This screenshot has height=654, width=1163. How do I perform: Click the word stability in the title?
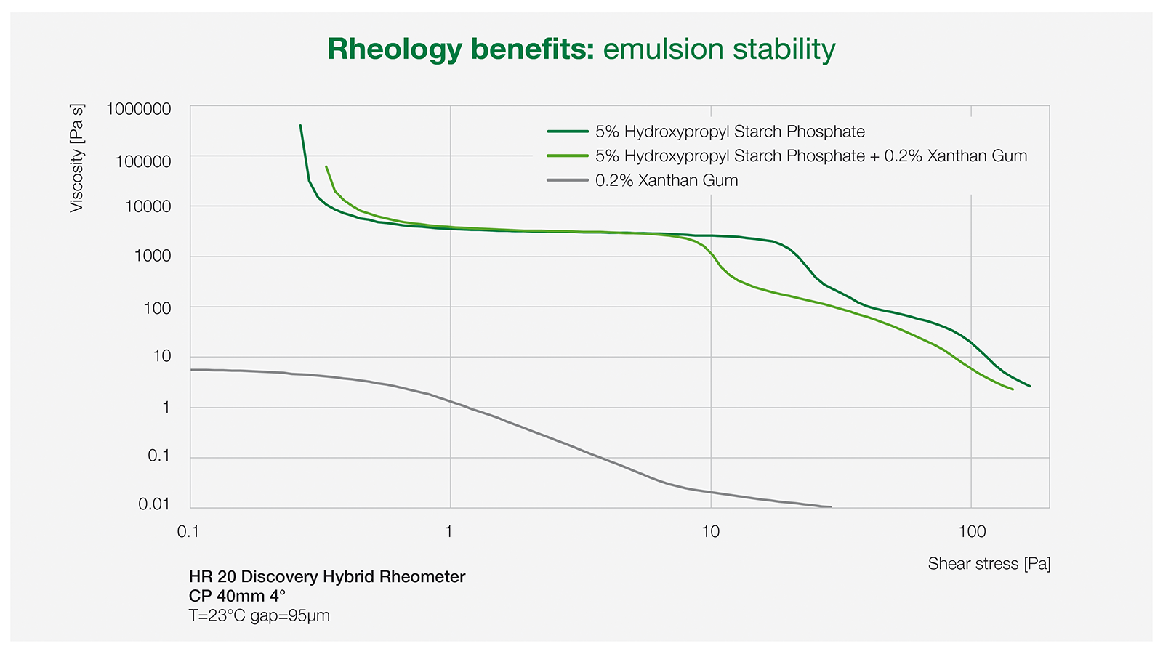tap(784, 50)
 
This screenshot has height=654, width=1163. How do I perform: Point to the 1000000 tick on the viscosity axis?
tap(139, 109)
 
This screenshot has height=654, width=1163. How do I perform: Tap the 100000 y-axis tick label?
tap(143, 161)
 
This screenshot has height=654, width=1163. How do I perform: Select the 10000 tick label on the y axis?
tap(148, 206)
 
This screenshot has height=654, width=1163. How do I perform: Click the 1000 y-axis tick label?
tap(153, 256)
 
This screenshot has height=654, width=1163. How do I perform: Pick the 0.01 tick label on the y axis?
tap(154, 504)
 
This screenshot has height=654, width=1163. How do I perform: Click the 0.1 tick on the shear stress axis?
tap(188, 532)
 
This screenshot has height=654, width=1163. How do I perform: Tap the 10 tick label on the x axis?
tap(711, 532)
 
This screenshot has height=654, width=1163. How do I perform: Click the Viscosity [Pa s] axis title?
tap(77, 158)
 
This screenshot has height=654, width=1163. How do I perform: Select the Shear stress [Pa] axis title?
tap(989, 564)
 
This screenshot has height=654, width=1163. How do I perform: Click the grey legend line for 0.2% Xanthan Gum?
tap(568, 181)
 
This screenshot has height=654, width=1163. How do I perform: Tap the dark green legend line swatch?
tap(568, 132)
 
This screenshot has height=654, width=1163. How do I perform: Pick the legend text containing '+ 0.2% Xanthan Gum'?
tap(811, 156)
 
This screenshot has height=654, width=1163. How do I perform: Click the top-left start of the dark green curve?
tap(301, 126)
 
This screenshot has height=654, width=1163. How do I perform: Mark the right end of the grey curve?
tap(831, 506)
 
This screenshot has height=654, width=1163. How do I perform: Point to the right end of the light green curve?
tap(1013, 389)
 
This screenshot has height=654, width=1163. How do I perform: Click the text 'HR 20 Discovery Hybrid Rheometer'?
tap(327, 577)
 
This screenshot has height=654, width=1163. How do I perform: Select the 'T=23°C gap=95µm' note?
tap(259, 616)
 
